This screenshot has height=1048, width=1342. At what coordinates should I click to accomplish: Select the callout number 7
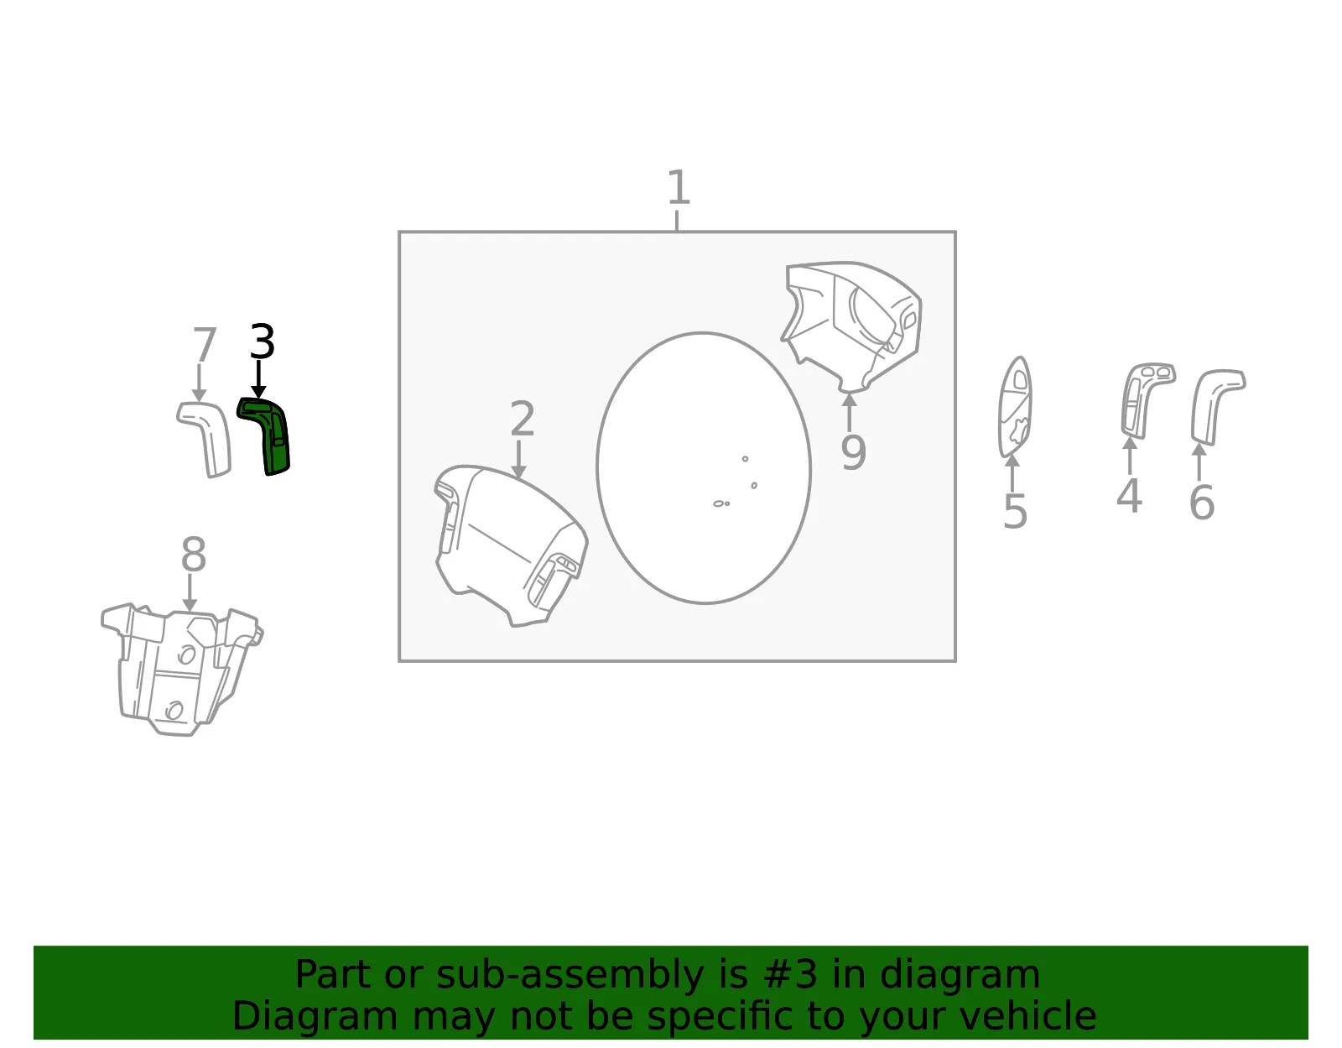pos(205,345)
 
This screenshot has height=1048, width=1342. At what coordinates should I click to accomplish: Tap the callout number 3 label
pos(263,342)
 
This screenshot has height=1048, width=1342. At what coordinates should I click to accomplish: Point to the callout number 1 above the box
pos(679,187)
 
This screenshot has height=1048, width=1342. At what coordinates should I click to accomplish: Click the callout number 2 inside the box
pos(523,418)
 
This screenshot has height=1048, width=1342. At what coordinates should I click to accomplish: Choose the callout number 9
pos(854,452)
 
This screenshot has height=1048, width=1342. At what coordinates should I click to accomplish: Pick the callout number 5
pos(1015,511)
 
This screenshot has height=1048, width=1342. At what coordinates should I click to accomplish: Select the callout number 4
pos(1129,496)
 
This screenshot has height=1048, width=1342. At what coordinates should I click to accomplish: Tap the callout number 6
pos(1202,503)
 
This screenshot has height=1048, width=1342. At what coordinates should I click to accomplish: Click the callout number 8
pos(193,554)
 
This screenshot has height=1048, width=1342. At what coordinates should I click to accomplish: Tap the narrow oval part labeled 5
pos(1015,408)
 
